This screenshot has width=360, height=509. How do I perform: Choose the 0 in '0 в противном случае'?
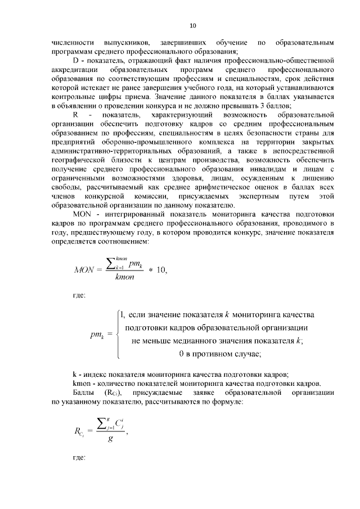[x=181, y=354]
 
